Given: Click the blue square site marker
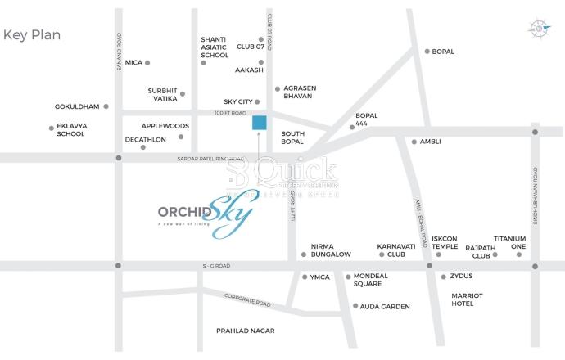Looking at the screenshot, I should click(x=259, y=124).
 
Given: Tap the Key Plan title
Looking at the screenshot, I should click(x=32, y=35).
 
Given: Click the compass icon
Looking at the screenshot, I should click(x=540, y=29).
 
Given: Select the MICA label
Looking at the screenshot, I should click(x=133, y=62).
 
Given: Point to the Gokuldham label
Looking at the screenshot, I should click(x=76, y=106).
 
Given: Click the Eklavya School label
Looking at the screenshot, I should click(x=70, y=130).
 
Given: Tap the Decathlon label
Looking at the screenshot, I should click(x=145, y=140).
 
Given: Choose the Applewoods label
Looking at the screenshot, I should click(x=165, y=126).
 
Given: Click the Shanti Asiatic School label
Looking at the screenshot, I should click(x=215, y=47).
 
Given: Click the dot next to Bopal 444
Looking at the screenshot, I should click(x=352, y=127).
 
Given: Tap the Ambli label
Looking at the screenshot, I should click(x=430, y=142).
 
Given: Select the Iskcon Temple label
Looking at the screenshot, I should click(x=445, y=241).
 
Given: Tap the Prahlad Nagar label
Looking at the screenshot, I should click(x=245, y=331).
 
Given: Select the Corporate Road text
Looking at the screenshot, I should click(x=246, y=301).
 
